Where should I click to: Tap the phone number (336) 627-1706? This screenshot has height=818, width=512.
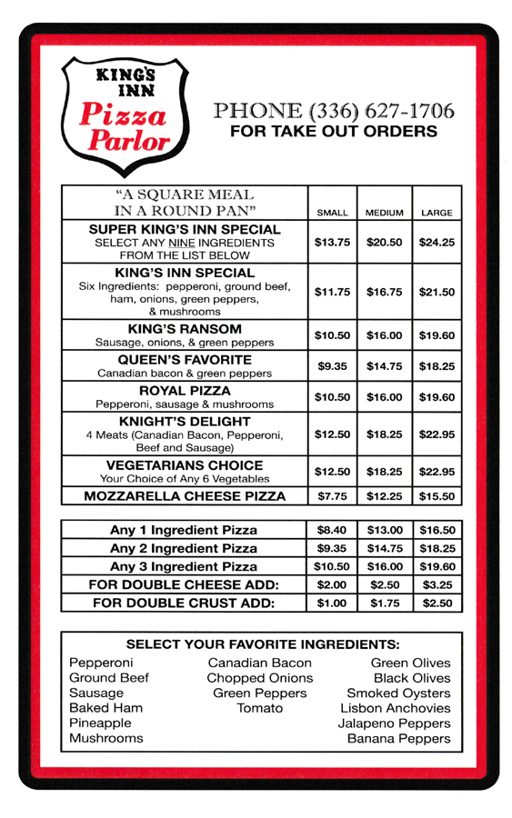(x=333, y=112)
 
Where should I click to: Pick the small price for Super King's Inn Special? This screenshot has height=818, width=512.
(x=332, y=243)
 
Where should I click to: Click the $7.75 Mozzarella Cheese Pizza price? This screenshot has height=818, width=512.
(x=332, y=496)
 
